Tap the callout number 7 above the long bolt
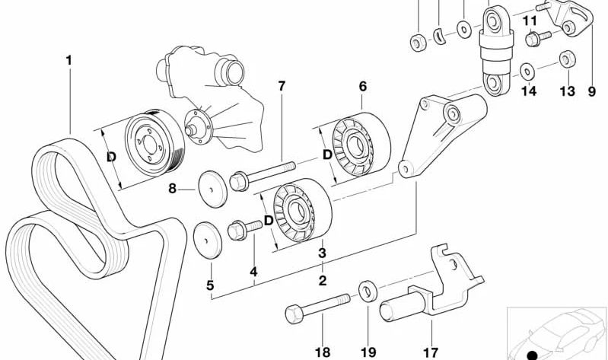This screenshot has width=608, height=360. point(282,85)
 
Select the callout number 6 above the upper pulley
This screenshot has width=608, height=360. point(363,85)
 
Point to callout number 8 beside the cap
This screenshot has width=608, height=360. point(172,187)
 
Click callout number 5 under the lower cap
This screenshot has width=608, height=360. point(210,287)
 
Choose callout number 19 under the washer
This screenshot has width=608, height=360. point(369,352)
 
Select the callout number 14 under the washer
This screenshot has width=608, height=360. point(528,91)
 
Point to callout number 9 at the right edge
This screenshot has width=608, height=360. point(591,91)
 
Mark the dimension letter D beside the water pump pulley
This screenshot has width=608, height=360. point(111,158)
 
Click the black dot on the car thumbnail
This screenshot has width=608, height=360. point(532,355)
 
